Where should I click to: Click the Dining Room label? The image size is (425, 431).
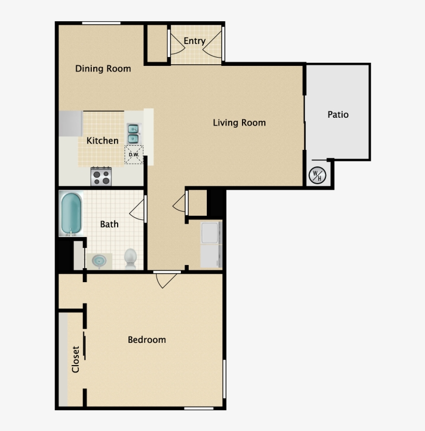click(x=103, y=68)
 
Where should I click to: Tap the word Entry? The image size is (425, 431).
click(x=194, y=41)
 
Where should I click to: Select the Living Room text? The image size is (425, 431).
click(x=239, y=123)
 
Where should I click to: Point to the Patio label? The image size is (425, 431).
click(x=338, y=115)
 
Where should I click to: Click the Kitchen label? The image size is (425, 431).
click(x=102, y=141)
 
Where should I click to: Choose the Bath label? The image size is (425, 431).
click(x=109, y=224)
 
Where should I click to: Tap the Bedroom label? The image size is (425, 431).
click(x=147, y=340)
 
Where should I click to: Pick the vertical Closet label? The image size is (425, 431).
click(x=76, y=359)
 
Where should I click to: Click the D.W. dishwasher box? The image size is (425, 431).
click(x=133, y=155)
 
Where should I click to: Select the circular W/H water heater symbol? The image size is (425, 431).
click(x=316, y=176)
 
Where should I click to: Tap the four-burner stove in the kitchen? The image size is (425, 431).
click(x=102, y=177)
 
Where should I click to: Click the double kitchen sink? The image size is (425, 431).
click(x=133, y=133)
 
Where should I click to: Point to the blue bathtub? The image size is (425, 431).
click(x=72, y=213)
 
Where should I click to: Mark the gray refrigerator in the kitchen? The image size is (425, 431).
click(x=70, y=123)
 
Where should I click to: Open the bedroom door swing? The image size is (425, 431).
click(x=166, y=279)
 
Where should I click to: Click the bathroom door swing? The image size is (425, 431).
click(x=138, y=209)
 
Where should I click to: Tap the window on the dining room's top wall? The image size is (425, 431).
click(x=101, y=23)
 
